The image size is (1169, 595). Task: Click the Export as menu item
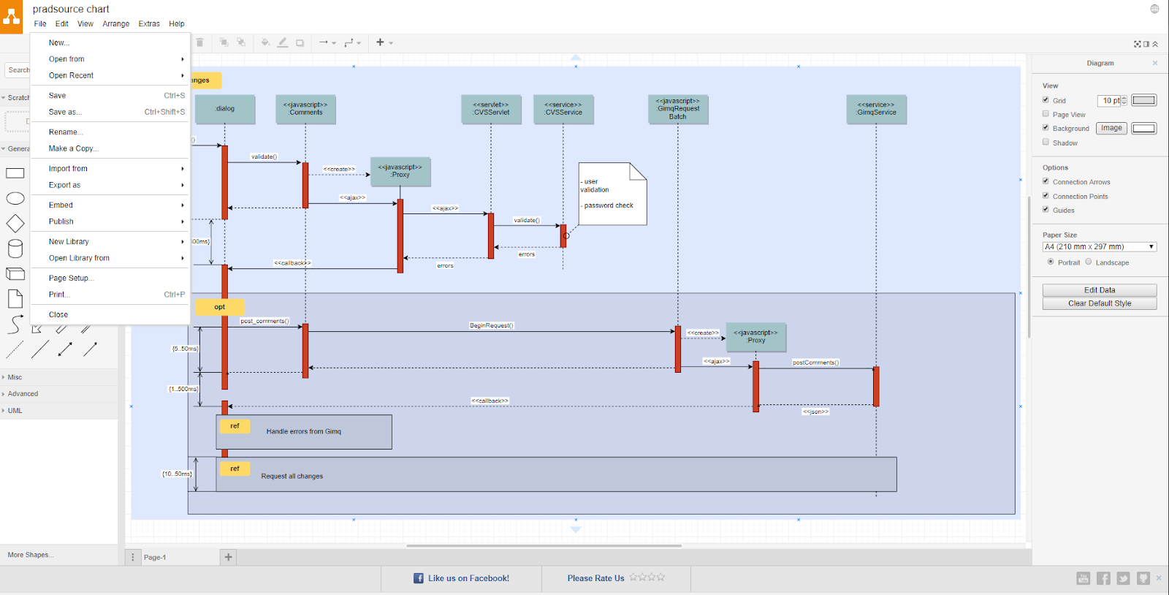pyautogui.click(x=65, y=185)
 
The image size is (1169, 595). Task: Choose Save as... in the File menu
pyautogui.click(x=65, y=112)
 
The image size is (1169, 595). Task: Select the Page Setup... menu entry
pyautogui.click(x=71, y=278)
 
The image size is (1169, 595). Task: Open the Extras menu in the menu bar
pyautogui.click(x=149, y=23)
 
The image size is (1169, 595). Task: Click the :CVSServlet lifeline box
pyautogui.click(x=491, y=109)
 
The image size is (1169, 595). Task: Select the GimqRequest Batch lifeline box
pyautogui.click(x=677, y=109)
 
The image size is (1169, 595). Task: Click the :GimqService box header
pyautogui.click(x=876, y=109)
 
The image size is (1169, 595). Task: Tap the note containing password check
pyautogui.click(x=612, y=194)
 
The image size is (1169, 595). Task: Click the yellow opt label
pyautogui.click(x=220, y=307)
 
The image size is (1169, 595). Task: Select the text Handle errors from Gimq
pyautogui.click(x=303, y=431)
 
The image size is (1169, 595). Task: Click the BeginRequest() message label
pyautogui.click(x=491, y=325)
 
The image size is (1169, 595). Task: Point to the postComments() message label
pyautogui.click(x=815, y=363)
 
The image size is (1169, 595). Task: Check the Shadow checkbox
pyautogui.click(x=1046, y=142)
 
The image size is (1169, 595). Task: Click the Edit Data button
pyautogui.click(x=1099, y=290)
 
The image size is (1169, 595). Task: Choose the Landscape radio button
pyautogui.click(x=1088, y=262)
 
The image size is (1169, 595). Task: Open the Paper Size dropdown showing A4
pyautogui.click(x=1099, y=247)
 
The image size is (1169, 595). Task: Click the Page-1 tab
pyautogui.click(x=155, y=557)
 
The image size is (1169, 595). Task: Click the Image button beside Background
pyautogui.click(x=1111, y=128)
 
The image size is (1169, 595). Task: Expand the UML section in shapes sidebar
pyautogui.click(x=15, y=411)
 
